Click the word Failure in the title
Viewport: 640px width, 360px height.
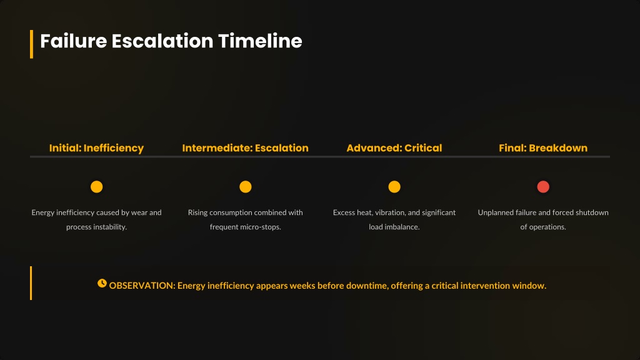[74, 41]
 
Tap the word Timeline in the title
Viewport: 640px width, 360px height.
[260, 41]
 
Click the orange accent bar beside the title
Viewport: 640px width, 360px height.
[31, 44]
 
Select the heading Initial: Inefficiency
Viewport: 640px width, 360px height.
[96, 147]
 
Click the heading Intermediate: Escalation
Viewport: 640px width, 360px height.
[245, 147]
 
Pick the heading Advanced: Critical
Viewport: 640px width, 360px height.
[394, 147]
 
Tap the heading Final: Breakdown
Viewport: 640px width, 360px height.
[543, 147]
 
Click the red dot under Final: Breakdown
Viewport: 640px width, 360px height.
[543, 186]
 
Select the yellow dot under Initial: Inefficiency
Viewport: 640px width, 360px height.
[97, 186]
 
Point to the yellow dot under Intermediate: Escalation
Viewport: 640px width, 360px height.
[245, 186]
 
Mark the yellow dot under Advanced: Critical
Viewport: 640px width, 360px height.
[394, 186]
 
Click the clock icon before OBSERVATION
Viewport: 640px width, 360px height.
[102, 283]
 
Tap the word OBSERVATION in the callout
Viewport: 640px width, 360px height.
[142, 286]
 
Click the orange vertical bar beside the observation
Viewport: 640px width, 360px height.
[31, 283]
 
